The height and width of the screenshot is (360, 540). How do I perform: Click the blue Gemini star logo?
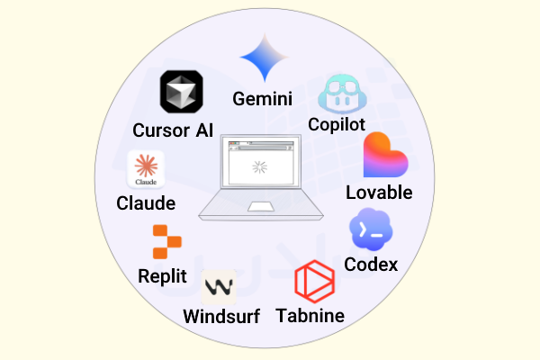coord(264,58)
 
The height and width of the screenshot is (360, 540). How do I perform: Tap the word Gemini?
coord(263,99)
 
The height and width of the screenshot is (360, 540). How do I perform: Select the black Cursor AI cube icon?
coord(182,92)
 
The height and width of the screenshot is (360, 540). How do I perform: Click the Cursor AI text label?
coord(173,130)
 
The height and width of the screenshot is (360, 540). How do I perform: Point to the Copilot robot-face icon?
coord(342,94)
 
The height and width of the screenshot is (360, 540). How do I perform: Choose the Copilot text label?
coord(337,124)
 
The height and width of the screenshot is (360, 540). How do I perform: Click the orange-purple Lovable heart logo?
coord(385,155)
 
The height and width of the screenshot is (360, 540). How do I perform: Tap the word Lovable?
coord(379,193)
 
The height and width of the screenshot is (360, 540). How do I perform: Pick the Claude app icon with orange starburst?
coord(146,169)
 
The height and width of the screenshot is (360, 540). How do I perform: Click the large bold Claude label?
coord(146,202)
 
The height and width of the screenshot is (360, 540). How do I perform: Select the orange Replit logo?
coord(167,242)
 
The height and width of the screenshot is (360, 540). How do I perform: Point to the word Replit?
coord(162,276)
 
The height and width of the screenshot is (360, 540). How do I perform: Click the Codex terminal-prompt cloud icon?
coord(371,229)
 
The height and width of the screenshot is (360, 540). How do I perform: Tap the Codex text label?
coord(371,265)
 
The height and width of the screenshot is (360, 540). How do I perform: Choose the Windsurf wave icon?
coord(219,287)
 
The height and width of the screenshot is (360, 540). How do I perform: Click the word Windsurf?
coord(221,316)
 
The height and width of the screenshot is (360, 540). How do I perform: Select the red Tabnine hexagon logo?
coord(315,282)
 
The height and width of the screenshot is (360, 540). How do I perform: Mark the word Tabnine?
coord(310,316)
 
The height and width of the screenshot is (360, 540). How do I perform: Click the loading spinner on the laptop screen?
coord(260,167)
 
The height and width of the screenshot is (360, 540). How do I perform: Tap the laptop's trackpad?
coord(261,207)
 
